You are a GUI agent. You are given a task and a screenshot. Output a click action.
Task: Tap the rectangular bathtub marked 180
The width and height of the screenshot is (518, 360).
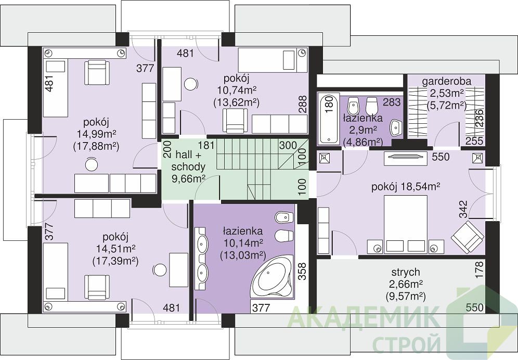tap(328, 119)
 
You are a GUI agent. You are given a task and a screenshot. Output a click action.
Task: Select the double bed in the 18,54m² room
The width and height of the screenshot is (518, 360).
tap(405, 224)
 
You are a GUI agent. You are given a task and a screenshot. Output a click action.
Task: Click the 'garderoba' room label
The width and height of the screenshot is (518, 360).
tap(447, 81)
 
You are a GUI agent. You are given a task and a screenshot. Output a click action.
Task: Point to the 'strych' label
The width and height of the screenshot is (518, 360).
tap(406, 272)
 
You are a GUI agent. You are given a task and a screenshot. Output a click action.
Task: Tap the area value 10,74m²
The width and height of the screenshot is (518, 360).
tap(237, 90)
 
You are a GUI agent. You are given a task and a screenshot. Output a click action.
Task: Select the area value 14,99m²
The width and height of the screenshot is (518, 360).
tap(96, 134)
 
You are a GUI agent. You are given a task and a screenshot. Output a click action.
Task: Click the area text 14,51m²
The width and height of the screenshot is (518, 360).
tap(115, 248)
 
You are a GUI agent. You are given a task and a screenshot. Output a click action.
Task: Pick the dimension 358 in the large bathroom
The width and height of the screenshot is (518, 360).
tap(302, 272)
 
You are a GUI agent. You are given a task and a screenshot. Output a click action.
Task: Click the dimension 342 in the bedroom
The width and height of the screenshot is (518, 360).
tap(463, 209)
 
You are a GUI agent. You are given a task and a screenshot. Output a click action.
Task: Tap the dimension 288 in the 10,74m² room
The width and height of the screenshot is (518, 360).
tap(302, 104)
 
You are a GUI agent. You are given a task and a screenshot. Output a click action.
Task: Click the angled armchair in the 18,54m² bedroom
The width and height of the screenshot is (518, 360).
tap(468, 236)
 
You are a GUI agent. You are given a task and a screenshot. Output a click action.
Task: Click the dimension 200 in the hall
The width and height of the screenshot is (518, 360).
tap(167, 149)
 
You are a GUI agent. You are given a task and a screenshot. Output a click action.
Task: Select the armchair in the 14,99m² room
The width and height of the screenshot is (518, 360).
tap(97, 73)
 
